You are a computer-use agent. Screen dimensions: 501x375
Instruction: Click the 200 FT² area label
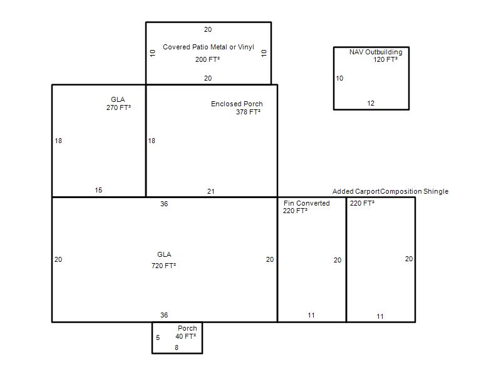point(208,59)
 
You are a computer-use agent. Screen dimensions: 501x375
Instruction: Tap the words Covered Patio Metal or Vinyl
point(209,47)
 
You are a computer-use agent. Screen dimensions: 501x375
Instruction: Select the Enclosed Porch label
point(237,104)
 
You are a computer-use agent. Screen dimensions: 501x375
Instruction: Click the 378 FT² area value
point(248,112)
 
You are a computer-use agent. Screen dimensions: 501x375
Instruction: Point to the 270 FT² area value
point(118,107)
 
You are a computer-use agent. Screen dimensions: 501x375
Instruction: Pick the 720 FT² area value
point(163,265)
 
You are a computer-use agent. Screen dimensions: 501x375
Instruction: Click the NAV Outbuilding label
point(376,52)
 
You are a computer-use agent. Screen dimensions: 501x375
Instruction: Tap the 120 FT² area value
point(386,59)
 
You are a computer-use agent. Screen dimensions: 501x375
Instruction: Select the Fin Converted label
point(306,203)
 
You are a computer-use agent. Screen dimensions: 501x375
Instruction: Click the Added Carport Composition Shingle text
point(390,191)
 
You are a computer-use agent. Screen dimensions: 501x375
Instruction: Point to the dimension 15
point(98,190)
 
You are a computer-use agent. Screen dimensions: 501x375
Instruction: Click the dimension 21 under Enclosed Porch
point(210,191)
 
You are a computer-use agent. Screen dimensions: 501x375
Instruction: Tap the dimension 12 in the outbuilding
point(371,103)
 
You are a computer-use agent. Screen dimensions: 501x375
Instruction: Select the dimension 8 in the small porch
point(177,347)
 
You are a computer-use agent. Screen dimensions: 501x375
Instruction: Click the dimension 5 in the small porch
point(158,337)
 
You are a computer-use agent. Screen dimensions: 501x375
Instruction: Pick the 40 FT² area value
point(185,336)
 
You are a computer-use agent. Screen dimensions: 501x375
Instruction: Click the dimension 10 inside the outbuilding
point(339,78)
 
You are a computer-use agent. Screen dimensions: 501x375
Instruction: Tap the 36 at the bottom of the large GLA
point(164,315)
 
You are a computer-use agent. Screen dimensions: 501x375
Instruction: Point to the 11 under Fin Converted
point(311,315)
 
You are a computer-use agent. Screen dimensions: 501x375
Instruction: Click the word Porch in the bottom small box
point(187,328)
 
